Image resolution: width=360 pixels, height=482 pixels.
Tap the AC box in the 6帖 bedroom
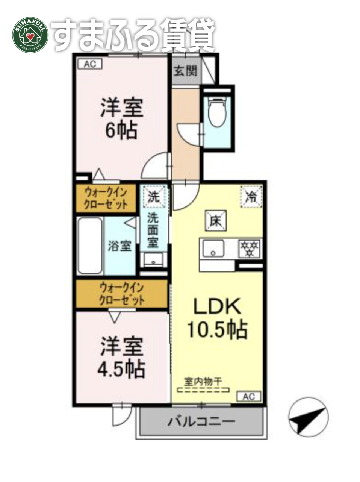point(90,64)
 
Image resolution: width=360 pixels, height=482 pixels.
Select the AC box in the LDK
point(248,396)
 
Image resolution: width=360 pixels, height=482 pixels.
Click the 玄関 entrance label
point(186,71)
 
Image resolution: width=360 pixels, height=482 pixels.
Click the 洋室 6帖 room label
point(121,119)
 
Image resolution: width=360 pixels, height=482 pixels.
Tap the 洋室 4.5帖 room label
point(121,357)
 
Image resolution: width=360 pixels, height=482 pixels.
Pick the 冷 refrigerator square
point(251,196)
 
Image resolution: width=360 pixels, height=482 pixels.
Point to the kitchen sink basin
point(213,249)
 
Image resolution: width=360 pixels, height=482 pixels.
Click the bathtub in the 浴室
point(90,246)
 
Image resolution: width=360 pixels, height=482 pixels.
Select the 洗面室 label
point(153,230)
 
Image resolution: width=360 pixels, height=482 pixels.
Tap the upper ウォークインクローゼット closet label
point(106,199)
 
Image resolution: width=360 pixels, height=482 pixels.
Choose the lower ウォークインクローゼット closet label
point(122,294)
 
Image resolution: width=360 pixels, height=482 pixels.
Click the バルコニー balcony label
point(201,421)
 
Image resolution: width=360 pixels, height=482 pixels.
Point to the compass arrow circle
point(308,417)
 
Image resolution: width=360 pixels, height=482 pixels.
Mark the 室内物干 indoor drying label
point(203,381)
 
